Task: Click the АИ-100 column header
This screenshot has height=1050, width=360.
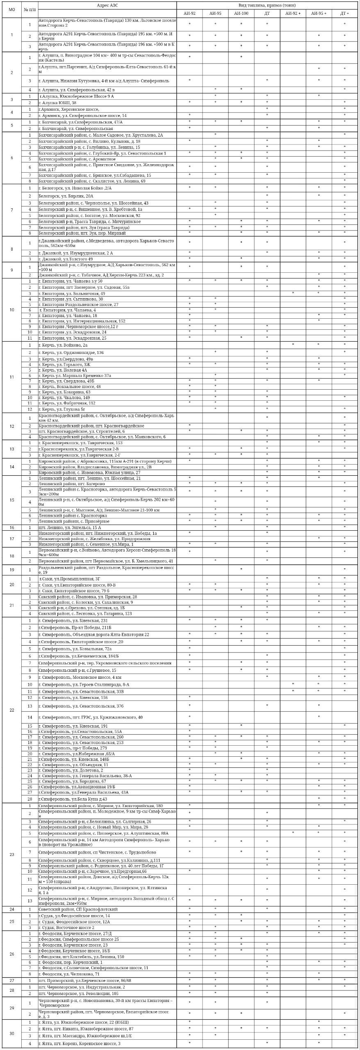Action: (x=241, y=14)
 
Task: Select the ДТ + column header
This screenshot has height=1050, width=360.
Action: (x=344, y=14)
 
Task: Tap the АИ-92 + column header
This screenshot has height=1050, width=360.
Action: (x=293, y=14)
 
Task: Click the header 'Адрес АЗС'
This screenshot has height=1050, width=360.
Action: (x=107, y=5)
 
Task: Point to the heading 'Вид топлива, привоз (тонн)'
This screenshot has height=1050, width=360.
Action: (x=267, y=5)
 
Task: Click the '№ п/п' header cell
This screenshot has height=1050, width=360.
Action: (x=30, y=9)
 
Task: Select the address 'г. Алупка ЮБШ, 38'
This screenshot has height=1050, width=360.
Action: (x=57, y=103)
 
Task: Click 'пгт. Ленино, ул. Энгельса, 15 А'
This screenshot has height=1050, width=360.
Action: (x=70, y=527)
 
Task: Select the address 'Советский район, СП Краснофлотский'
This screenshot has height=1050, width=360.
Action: (x=78, y=909)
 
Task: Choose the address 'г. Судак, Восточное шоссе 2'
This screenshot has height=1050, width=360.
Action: (x=66, y=928)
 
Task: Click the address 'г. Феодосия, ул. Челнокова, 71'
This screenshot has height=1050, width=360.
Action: (x=69, y=974)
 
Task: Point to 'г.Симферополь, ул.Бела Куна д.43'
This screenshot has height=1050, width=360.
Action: (x=73, y=799)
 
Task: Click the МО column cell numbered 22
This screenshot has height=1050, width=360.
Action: (x=11, y=710)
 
